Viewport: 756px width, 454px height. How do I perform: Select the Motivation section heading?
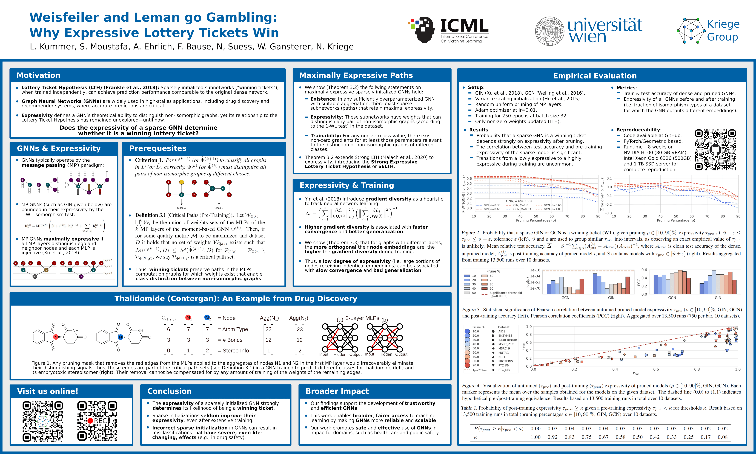coord(38,75)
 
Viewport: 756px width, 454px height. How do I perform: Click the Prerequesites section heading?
coord(158,148)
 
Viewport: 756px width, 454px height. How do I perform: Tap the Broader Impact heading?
coord(337,391)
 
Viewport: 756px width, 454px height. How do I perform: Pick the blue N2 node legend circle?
coord(207,317)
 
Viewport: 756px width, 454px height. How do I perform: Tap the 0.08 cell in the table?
coord(723,437)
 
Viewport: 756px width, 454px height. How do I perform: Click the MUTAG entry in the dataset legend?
coord(503,353)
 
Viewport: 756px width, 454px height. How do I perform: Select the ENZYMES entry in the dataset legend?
coord(505,336)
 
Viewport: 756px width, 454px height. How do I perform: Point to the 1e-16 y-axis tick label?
coord(535,270)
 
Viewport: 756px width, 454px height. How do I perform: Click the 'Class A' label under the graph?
coord(181,208)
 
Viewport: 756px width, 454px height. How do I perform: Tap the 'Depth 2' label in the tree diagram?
coord(108,260)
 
